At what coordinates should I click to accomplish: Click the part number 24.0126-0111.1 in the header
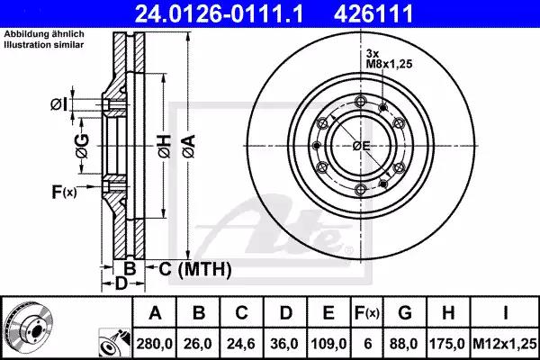coord(219,13)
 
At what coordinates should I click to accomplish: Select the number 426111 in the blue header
coord(373,13)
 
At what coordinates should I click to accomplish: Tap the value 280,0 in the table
coord(154,344)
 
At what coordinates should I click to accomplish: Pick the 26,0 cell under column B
coord(198,344)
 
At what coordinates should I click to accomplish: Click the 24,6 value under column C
coord(241,344)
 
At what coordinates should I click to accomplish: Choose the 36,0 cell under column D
coord(284,344)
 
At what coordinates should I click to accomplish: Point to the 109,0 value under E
coord(328,344)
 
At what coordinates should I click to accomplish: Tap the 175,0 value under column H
coord(447,344)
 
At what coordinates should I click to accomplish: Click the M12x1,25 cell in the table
coord(505,344)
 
